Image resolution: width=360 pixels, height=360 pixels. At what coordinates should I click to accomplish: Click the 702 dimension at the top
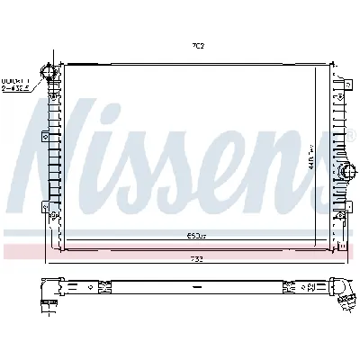click(197, 45)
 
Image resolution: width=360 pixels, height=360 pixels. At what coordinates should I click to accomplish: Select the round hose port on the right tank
click(345, 174)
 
